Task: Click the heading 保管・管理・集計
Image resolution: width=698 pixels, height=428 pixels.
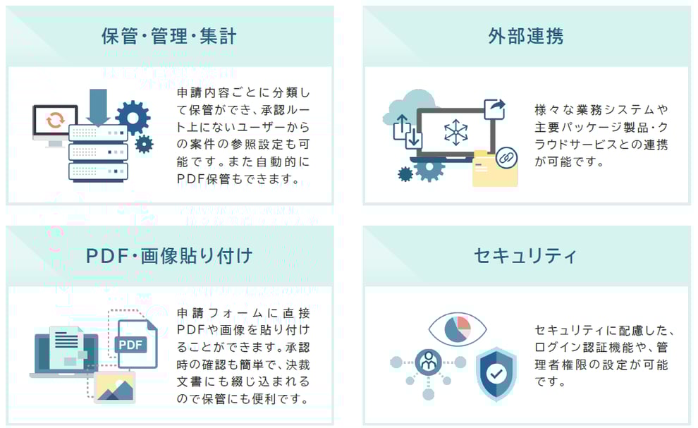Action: [169, 36]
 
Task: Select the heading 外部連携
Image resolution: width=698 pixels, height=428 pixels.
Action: [526, 36]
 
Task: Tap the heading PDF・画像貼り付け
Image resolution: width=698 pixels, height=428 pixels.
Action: [169, 256]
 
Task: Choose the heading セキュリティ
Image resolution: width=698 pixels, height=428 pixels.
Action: [525, 256]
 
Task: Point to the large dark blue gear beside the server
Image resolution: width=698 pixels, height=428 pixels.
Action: [133, 118]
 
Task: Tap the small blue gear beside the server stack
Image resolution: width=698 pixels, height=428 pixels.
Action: [144, 145]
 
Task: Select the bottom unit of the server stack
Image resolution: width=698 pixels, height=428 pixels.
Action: [99, 171]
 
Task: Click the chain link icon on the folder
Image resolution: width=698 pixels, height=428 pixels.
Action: [506, 158]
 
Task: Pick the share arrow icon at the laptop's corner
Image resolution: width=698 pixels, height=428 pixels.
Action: [495, 109]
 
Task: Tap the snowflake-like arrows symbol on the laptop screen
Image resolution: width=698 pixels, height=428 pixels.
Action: [456, 133]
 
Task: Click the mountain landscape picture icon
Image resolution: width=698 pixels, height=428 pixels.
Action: [115, 386]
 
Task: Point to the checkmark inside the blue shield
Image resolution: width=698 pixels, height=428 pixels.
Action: [496, 373]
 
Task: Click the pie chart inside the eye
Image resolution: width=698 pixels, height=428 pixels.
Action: [458, 329]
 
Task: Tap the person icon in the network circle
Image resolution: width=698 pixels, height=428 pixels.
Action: [428, 362]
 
